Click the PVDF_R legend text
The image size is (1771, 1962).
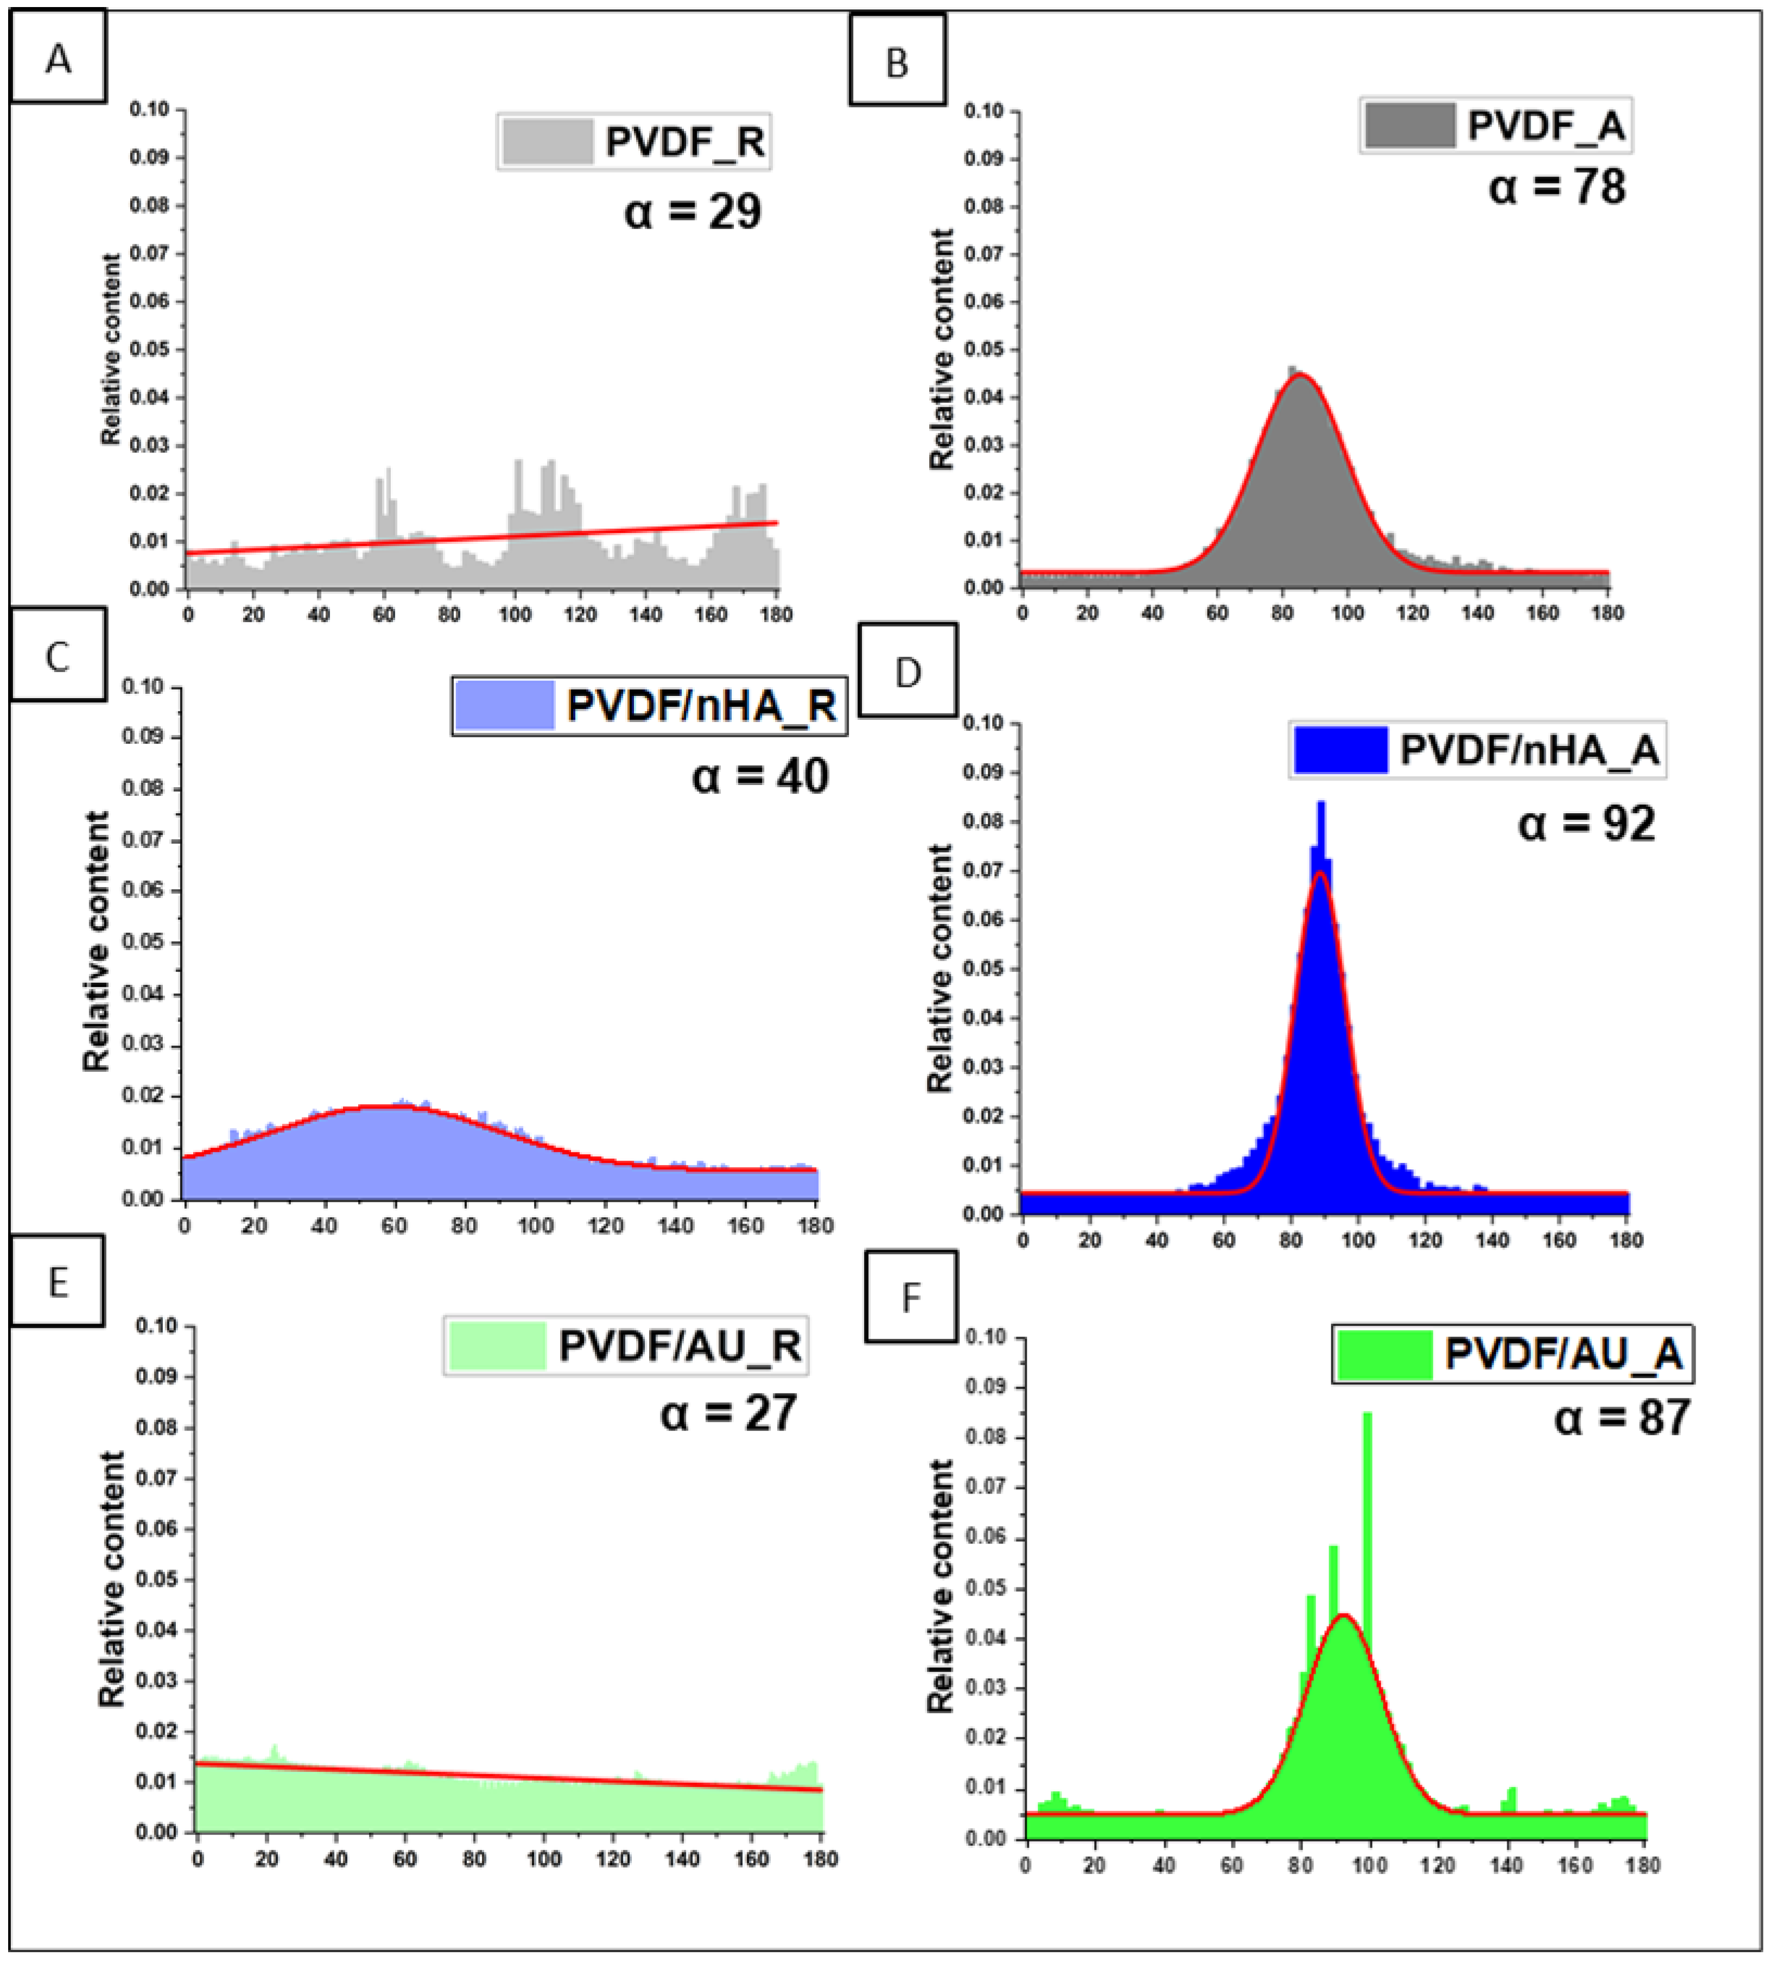(684, 142)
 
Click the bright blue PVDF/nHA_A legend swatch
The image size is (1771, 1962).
(1340, 749)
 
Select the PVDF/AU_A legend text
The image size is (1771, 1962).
(1563, 1354)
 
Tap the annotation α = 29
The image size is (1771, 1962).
(692, 211)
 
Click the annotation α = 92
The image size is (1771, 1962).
(1586, 824)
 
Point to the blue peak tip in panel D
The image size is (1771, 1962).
(1321, 804)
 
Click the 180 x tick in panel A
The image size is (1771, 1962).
(776, 615)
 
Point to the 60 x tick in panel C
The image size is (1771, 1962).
(394, 1225)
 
